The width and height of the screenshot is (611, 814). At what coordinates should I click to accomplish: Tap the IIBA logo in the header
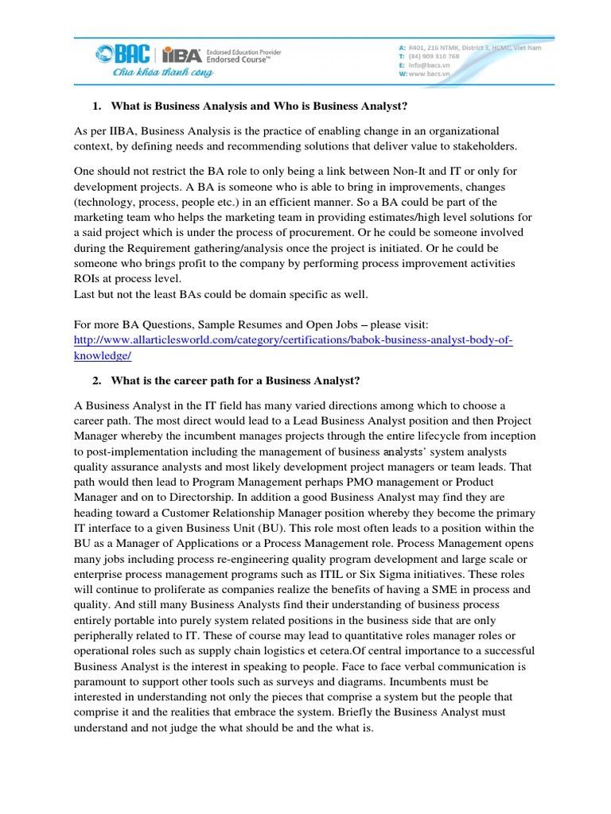(181, 55)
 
